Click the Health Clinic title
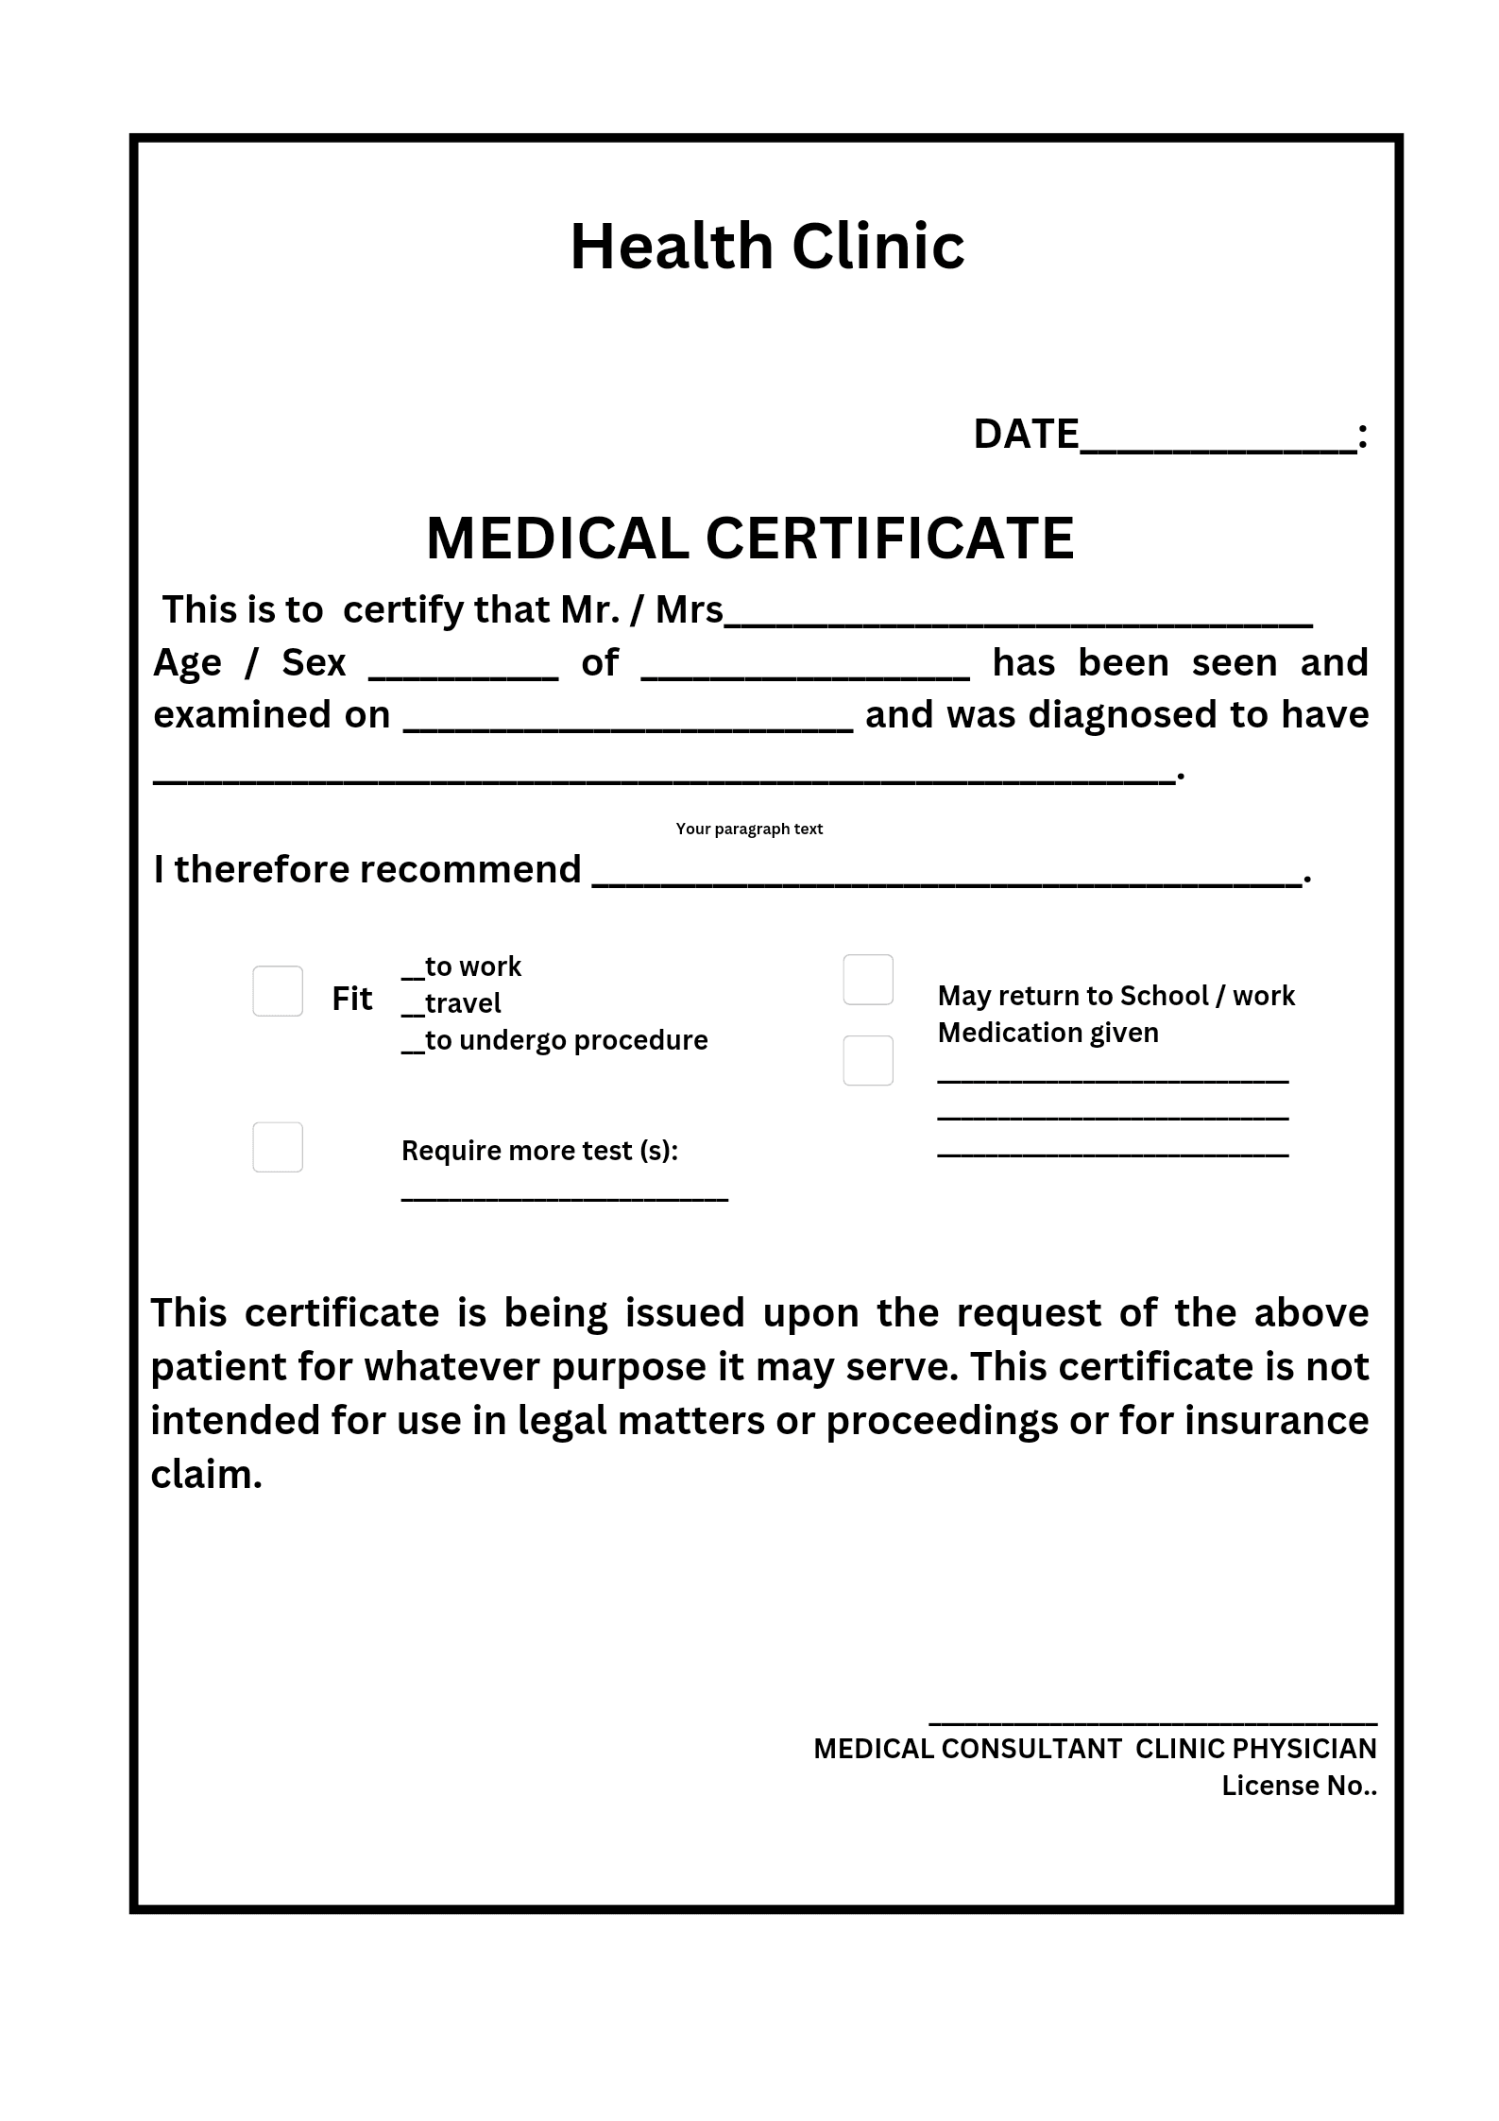coord(767,247)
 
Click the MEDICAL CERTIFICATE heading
coord(750,539)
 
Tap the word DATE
coord(1026,435)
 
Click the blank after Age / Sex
coord(463,669)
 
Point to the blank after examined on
coord(628,721)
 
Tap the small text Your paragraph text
coord(749,829)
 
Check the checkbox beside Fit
coord(278,991)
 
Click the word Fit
coord(351,999)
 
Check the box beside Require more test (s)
coord(278,1147)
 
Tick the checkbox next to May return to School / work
coord(868,980)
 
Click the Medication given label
coord(1048,1033)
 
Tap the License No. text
coord(1299,1786)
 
